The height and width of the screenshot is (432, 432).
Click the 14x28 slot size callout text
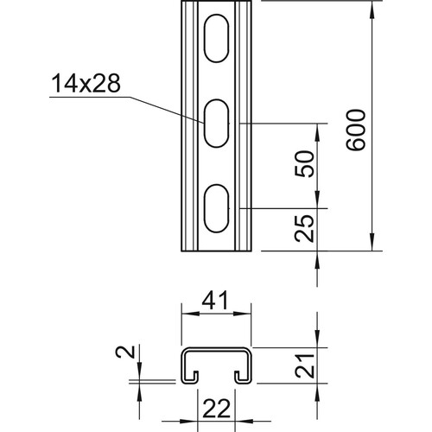(86, 83)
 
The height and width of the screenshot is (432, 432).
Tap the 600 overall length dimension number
(356, 130)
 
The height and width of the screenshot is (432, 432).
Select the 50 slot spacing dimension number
(304, 163)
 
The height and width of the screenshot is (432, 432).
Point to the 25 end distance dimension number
(304, 228)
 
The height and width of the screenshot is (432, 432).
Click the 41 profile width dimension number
(215, 301)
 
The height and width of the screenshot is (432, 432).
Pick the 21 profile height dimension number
(304, 365)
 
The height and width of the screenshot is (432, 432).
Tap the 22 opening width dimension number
(217, 409)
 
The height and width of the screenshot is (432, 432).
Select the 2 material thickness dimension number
(125, 352)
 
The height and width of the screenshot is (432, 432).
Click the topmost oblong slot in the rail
(217, 38)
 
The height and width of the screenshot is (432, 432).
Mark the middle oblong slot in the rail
(217, 124)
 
